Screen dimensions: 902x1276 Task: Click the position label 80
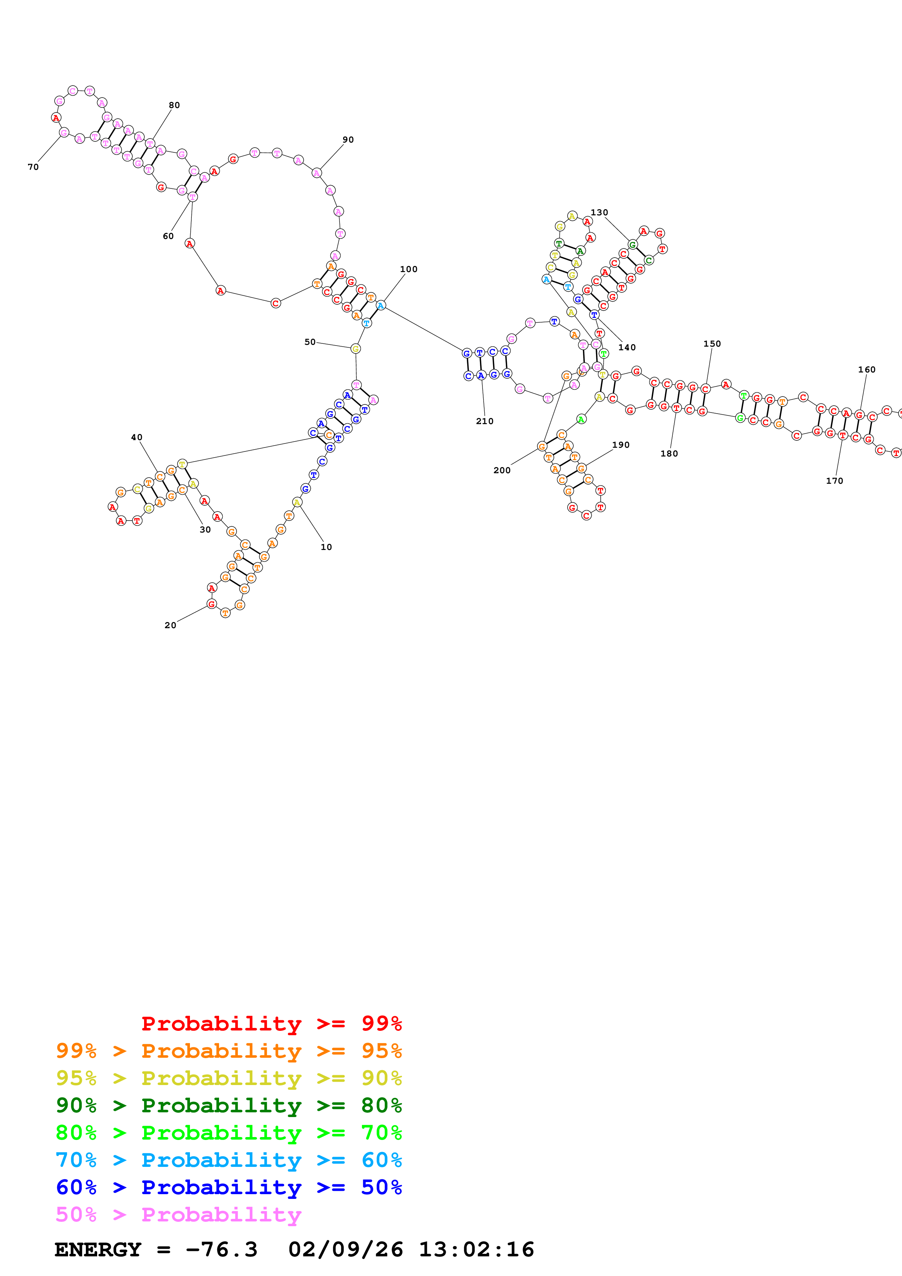click(174, 105)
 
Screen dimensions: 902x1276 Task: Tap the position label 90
click(348, 139)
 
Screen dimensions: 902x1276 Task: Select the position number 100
click(409, 269)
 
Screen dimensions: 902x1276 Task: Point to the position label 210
click(485, 421)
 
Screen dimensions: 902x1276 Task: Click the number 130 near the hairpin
click(599, 212)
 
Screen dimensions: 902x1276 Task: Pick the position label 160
click(866, 370)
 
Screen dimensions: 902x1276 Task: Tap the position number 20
click(170, 625)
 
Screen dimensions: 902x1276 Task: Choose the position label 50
click(310, 342)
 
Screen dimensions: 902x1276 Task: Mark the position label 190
click(621, 444)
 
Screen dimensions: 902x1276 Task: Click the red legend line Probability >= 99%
click(271, 1023)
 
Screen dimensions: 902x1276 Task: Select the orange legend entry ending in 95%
click(229, 1050)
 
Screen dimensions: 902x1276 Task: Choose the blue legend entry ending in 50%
click(229, 1187)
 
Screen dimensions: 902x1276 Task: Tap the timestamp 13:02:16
click(476, 1249)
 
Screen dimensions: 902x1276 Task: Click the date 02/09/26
click(346, 1249)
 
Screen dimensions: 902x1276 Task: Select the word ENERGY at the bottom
click(98, 1249)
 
